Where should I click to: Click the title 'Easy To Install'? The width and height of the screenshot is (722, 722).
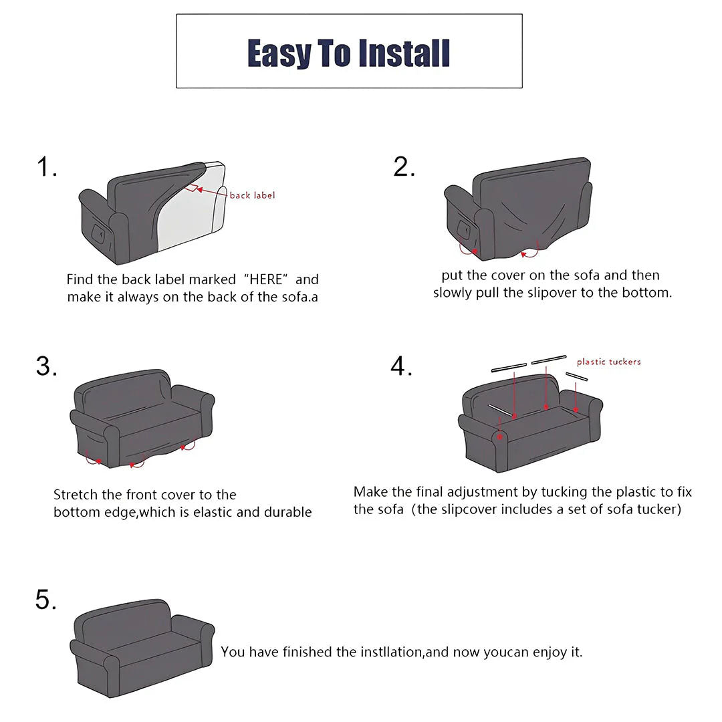[348, 53]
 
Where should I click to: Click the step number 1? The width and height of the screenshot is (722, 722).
[45, 167]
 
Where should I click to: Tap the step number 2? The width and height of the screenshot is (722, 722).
[403, 167]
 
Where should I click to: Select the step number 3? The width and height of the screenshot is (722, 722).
[46, 366]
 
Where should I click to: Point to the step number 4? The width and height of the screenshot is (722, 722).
[401, 366]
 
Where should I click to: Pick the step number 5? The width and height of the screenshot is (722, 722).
[46, 600]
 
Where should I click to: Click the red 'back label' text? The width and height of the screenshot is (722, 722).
[252, 195]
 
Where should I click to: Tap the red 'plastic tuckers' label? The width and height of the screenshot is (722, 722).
[608, 362]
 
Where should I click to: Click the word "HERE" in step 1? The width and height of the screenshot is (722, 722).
[266, 279]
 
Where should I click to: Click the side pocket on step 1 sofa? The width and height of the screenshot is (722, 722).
[98, 235]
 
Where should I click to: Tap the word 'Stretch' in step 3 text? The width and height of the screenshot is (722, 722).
[76, 495]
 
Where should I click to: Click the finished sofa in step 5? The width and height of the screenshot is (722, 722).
[142, 648]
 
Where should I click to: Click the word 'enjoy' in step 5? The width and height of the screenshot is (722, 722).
[550, 652]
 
